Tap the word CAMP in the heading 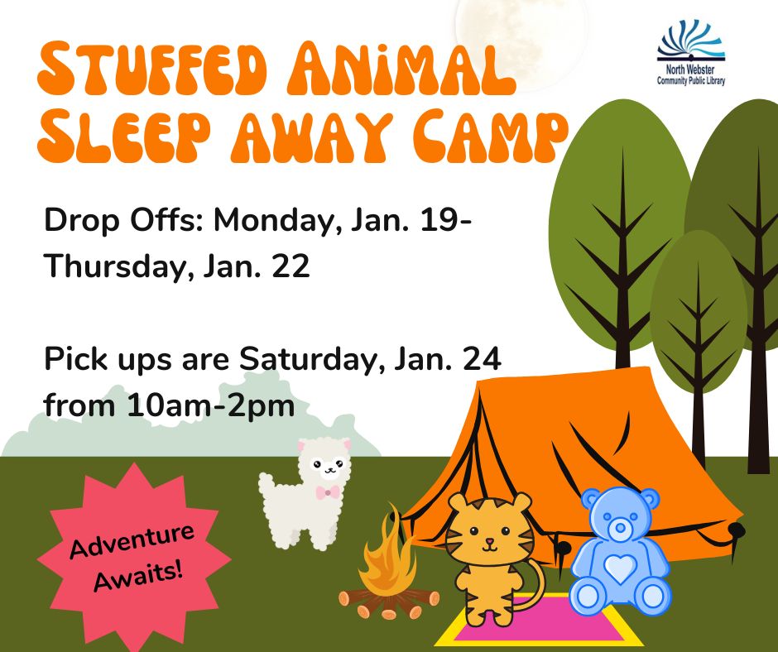(490, 137)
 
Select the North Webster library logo (691, 53)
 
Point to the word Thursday (118, 267)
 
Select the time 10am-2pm (210, 406)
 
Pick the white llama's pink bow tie (328, 492)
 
